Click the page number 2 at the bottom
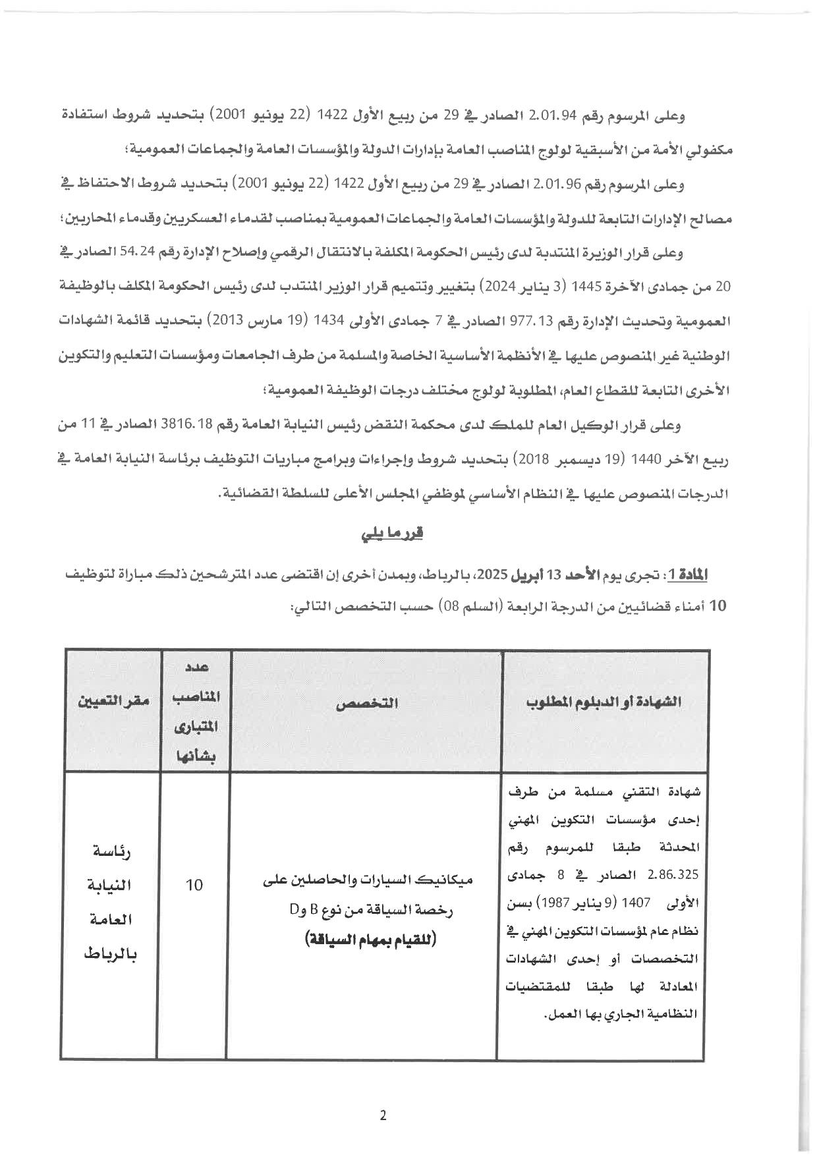point(383,1115)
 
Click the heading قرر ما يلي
point(391,534)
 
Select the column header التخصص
point(366,703)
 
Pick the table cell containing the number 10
point(194,884)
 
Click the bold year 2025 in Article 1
point(492,574)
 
